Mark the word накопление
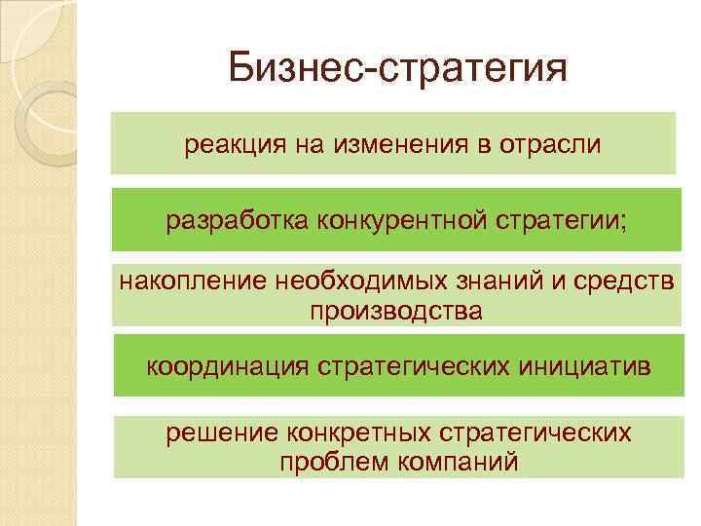pos(190,282)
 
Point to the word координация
pos(224,366)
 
